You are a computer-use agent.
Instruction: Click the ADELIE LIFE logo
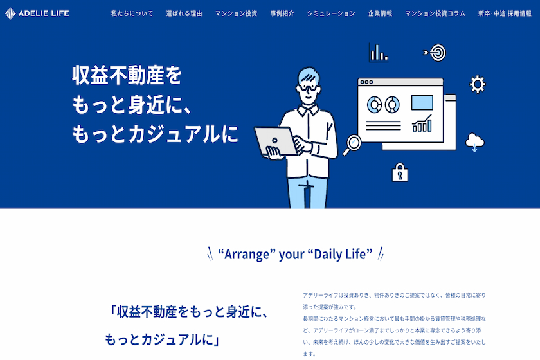click(37, 14)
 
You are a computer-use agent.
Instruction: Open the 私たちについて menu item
click(132, 14)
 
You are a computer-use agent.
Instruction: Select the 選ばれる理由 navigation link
click(184, 14)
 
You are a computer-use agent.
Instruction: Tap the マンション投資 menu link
click(237, 14)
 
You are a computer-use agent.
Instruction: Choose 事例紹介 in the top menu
click(282, 14)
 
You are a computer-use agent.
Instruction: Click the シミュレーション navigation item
click(331, 14)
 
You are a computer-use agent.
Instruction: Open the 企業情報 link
click(380, 14)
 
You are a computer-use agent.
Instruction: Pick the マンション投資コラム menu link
click(435, 14)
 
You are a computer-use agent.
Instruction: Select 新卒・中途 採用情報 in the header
click(505, 14)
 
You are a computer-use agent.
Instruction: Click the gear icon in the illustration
click(478, 84)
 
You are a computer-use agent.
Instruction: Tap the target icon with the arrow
click(435, 53)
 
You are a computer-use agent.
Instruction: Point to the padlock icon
click(400, 172)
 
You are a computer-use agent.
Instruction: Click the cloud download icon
click(474, 142)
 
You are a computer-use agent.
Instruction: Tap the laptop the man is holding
click(275, 141)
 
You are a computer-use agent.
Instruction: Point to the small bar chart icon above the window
click(379, 52)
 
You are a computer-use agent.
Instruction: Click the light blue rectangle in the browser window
click(422, 103)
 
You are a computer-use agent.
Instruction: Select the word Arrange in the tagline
click(246, 255)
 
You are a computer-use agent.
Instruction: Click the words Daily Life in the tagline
click(340, 254)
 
